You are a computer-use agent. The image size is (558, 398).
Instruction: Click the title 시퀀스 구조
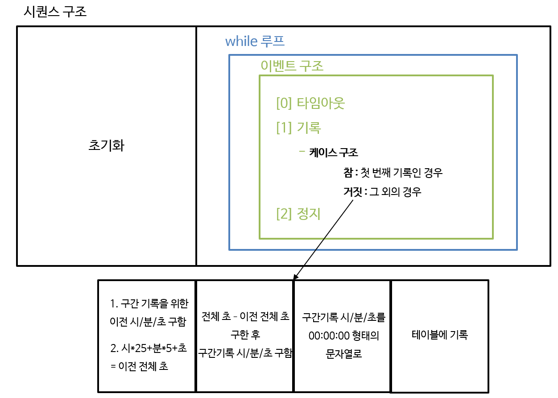tap(55, 11)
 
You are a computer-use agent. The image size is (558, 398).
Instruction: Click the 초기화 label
tap(106, 146)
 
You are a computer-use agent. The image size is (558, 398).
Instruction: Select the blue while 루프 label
tap(255, 41)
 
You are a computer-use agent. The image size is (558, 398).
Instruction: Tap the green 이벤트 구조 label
tap(292, 66)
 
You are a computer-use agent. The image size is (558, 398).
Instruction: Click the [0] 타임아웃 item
tap(311, 104)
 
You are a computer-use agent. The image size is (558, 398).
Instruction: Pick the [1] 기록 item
tap(298, 128)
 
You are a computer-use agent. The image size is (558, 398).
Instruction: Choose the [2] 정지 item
tap(298, 214)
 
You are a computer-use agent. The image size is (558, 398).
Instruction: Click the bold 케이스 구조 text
tap(333, 153)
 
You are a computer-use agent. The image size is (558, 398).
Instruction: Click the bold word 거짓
tap(351, 192)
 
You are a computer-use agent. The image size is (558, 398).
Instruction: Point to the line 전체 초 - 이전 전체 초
tap(245, 317)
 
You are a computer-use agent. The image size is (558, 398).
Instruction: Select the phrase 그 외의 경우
tap(396, 192)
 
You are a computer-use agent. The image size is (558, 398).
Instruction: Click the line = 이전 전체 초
tap(139, 367)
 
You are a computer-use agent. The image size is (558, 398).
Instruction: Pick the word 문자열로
tap(343, 353)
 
